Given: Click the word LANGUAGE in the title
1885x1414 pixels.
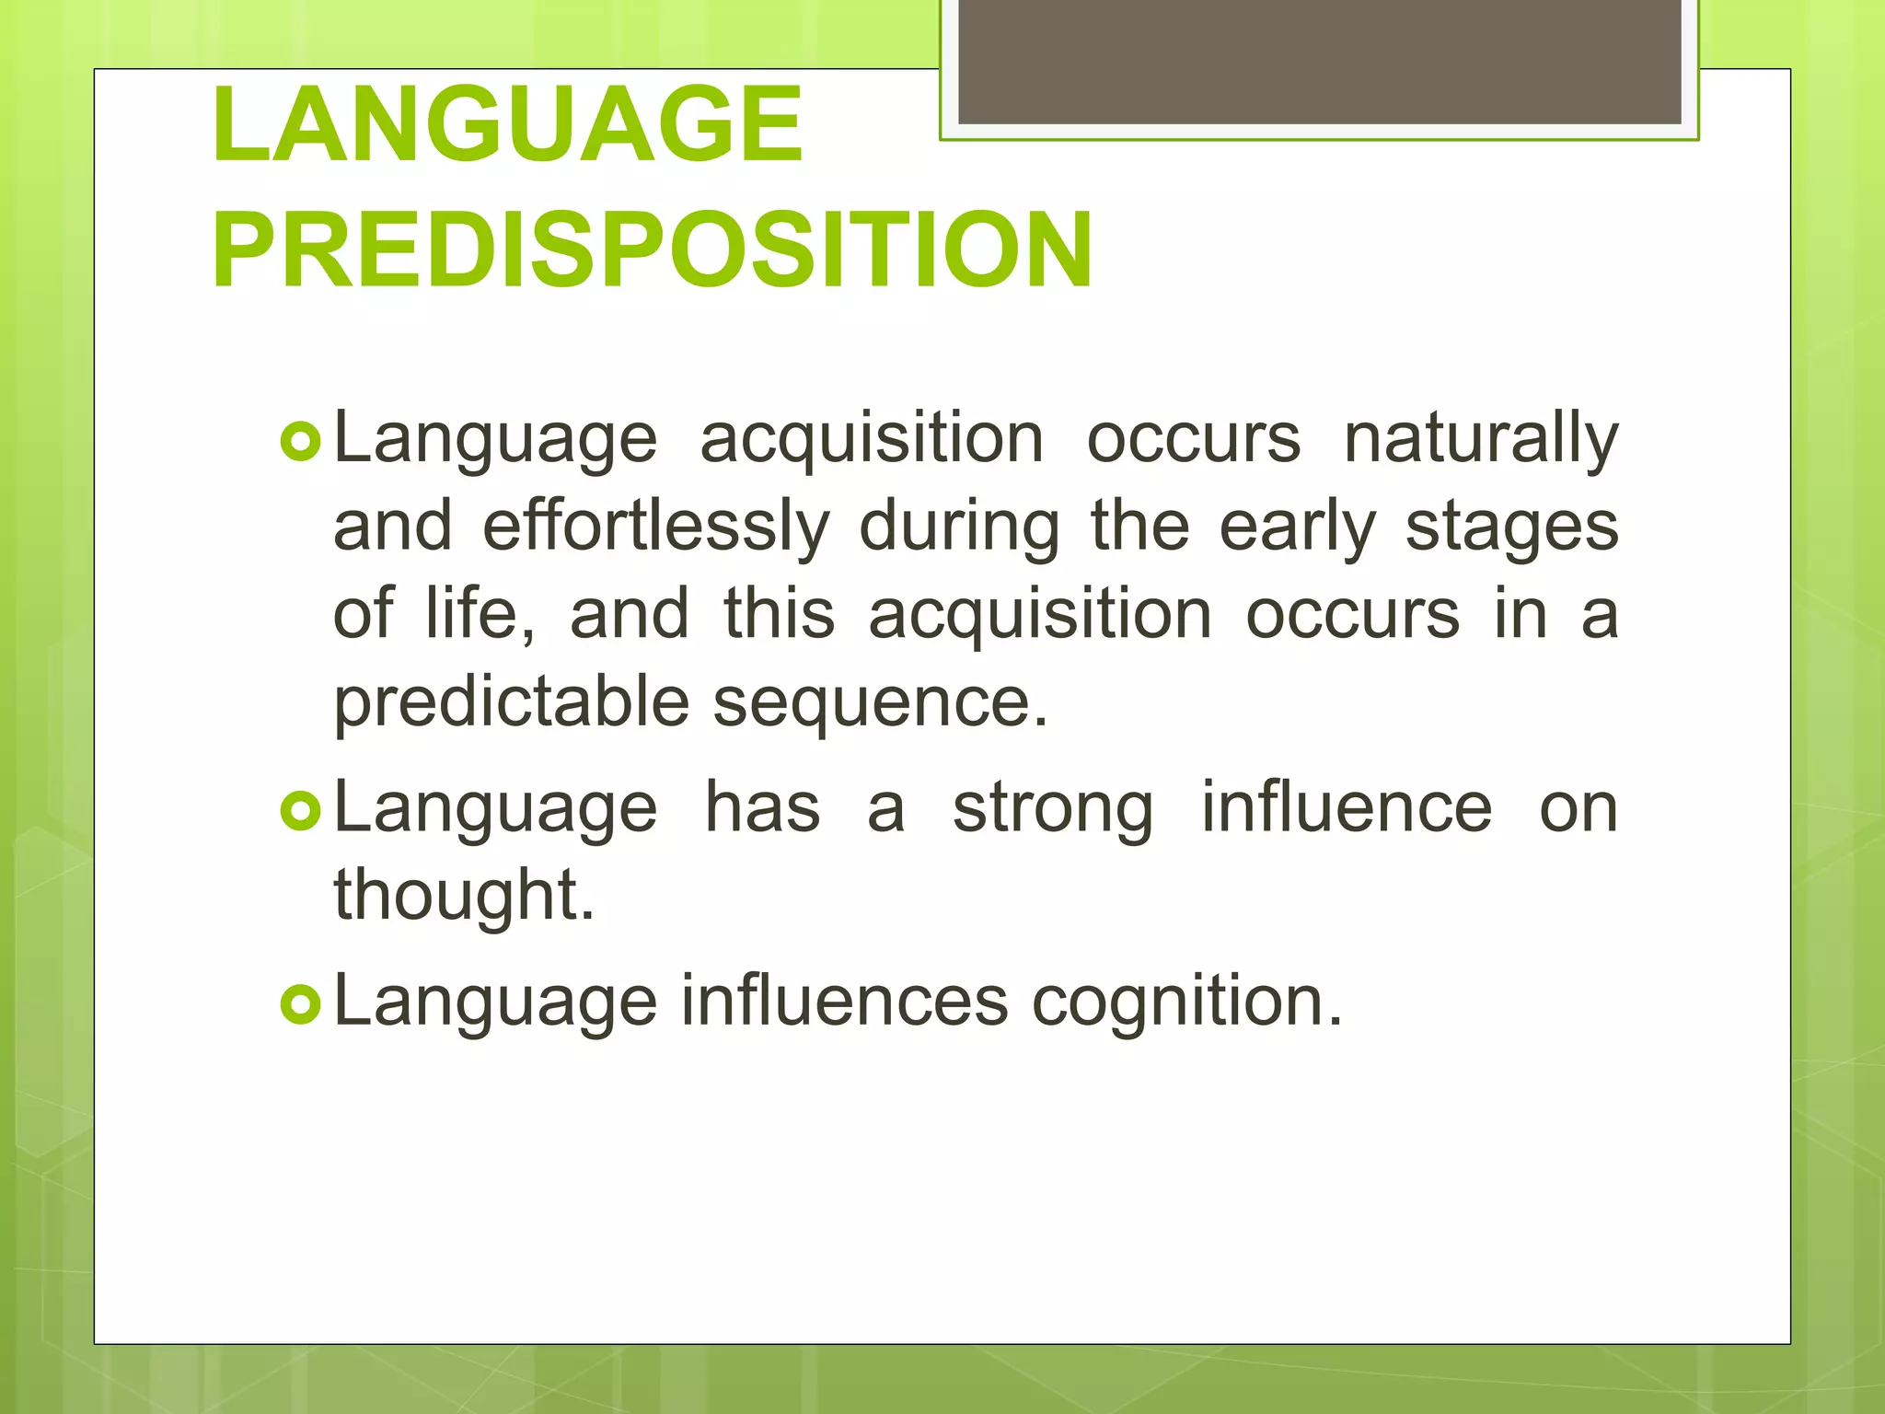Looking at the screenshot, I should [507, 124].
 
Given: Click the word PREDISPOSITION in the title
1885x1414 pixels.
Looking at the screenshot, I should [652, 250].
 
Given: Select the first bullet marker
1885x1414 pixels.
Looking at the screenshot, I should [299, 442].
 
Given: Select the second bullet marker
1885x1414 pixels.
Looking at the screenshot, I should [299, 811].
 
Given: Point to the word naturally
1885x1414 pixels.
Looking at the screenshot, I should [1480, 440].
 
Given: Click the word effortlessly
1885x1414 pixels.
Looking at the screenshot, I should [655, 527].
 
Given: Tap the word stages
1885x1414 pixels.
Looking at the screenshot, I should [1510, 528].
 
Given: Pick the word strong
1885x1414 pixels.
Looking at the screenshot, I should [1052, 809].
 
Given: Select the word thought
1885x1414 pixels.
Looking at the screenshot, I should [463, 896].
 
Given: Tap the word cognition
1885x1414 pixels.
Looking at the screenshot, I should [1186, 1002].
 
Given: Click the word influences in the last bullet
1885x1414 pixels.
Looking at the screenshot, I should [844, 1001].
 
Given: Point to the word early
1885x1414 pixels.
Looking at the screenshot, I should [1297, 528].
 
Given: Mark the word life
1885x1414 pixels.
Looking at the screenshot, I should [479, 614].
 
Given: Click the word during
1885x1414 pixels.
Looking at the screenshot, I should [959, 528].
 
